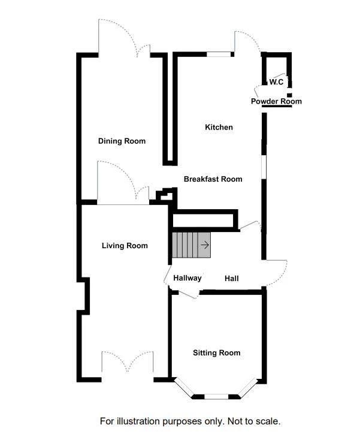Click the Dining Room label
(122, 141)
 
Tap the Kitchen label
(219, 127)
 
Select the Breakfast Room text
(213, 179)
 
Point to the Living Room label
(125, 246)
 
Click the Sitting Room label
(216, 352)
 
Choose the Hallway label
(187, 278)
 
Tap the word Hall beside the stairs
(232, 279)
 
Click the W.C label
(276, 82)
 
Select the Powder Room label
(276, 101)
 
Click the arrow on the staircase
(205, 245)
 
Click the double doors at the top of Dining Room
(125, 39)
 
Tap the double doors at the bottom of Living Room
(128, 365)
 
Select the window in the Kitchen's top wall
(219, 55)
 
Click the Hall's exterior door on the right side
(275, 273)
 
